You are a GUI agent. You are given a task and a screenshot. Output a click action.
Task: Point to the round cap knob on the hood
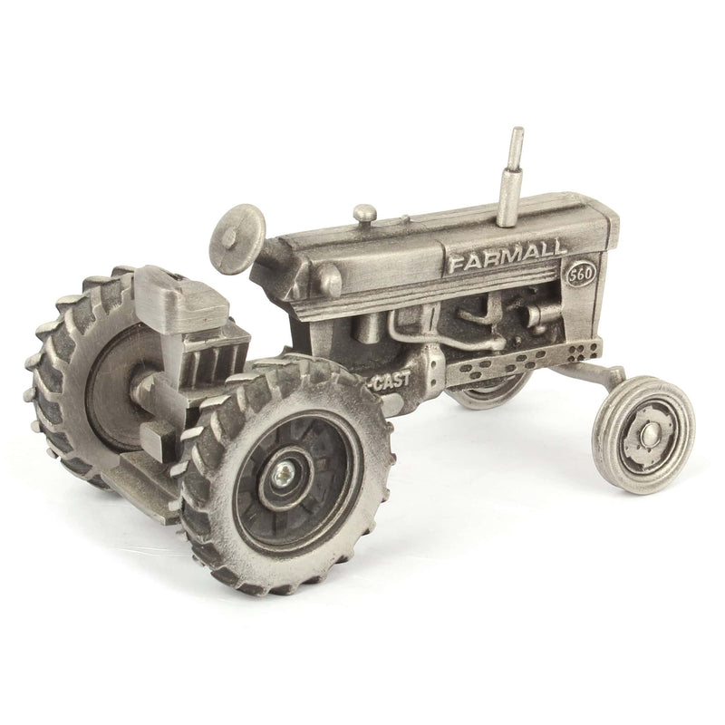point(364,214)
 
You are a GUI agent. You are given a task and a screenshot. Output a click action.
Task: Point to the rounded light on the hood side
point(327,281)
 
